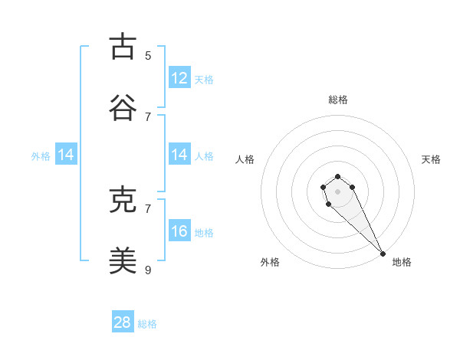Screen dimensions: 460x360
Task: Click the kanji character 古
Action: point(123,47)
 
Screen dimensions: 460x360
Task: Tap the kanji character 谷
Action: point(123,108)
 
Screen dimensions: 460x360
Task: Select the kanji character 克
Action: point(123,200)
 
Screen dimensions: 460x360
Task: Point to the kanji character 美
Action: point(123,261)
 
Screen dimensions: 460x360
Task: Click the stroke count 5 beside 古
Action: point(148,56)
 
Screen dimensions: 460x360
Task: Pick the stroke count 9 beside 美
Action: point(148,270)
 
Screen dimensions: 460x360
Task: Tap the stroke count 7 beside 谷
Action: point(148,116)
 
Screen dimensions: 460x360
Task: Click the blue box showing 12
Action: point(179,78)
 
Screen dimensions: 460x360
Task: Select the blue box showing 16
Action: point(179,231)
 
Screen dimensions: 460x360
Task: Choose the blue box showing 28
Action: point(123,322)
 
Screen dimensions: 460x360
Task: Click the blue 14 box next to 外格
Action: point(66,155)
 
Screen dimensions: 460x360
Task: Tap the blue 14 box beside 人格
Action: point(179,155)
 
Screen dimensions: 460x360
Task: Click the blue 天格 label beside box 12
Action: point(204,79)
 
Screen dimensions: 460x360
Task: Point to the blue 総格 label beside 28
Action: point(147,324)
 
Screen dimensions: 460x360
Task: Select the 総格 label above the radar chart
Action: point(338,100)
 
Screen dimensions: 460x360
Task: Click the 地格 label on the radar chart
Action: point(402,262)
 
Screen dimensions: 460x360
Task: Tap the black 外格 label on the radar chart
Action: point(270,262)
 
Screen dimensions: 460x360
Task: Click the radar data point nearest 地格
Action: point(383,254)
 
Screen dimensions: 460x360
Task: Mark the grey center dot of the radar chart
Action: point(337,191)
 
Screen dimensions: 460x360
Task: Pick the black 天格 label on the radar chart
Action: point(431,159)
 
